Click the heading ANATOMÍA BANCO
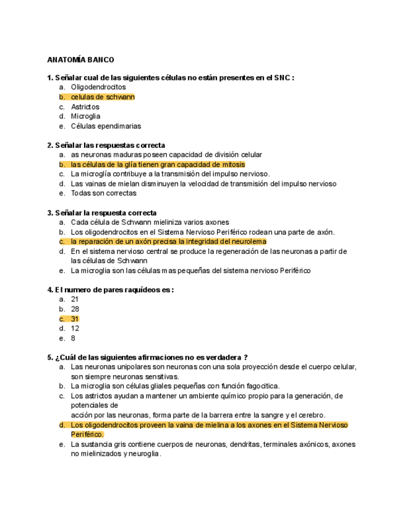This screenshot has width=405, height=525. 80,60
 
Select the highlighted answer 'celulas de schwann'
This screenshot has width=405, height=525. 103,97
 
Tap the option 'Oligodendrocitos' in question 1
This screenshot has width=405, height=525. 98,87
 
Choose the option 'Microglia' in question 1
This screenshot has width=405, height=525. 85,116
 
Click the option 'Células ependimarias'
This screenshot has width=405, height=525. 106,126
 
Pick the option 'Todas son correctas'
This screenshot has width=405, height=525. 103,193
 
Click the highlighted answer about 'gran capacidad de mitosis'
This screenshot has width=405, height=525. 158,165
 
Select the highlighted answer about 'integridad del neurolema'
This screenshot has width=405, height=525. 168,241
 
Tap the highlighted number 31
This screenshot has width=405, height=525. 75,319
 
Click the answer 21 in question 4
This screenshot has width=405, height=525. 75,299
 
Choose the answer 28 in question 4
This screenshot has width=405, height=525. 75,309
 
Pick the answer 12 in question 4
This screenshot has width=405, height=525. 75,329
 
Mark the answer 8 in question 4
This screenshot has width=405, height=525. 73,339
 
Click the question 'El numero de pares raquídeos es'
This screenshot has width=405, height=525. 110,290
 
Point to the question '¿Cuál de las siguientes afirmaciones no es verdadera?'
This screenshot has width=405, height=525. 147,357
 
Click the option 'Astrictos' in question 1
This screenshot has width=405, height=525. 85,107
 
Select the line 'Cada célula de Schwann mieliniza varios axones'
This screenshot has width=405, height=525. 150,222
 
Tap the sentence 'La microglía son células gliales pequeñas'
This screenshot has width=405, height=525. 175,386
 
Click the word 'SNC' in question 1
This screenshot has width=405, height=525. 281,78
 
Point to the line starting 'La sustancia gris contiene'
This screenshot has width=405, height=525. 213,445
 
